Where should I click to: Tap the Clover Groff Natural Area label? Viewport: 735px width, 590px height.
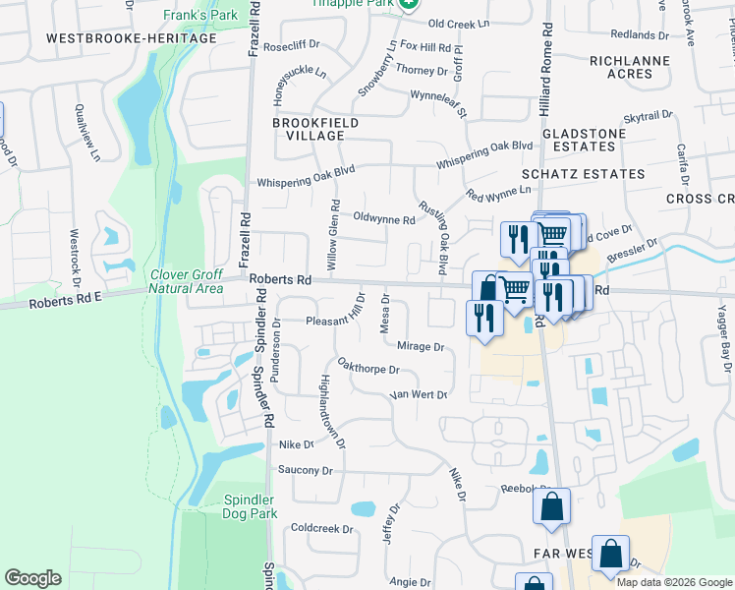(x=186, y=281)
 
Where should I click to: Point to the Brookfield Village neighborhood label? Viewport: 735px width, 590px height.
(x=315, y=129)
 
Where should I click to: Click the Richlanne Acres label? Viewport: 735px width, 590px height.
(x=629, y=67)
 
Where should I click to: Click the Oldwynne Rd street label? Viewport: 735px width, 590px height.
(x=383, y=220)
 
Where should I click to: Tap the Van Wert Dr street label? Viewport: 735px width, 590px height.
(x=419, y=394)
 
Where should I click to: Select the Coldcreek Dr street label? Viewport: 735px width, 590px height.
(x=321, y=528)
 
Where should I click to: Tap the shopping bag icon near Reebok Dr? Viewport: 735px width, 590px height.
(x=551, y=505)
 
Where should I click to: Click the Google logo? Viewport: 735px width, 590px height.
(x=33, y=578)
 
